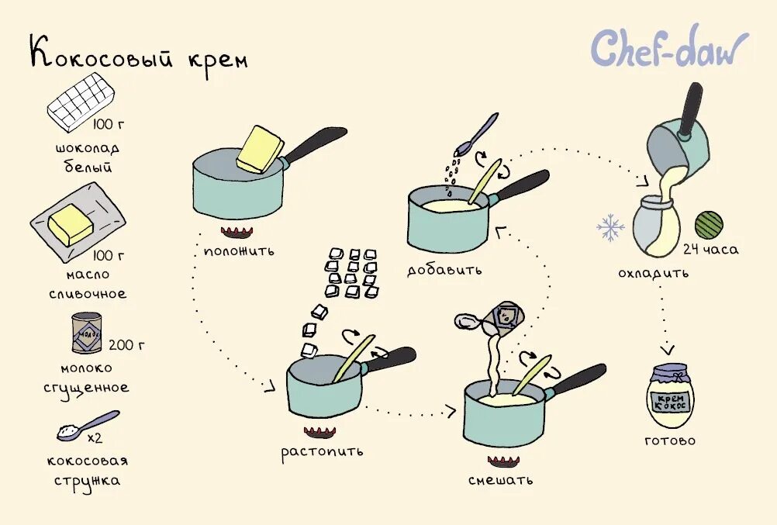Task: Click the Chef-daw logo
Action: tap(669, 48)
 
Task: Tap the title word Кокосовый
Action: tap(105, 56)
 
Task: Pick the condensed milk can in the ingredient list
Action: tap(87, 333)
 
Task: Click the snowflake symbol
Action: tap(610, 227)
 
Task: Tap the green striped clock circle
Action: tap(708, 225)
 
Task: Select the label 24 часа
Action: tap(710, 250)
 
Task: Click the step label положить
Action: tap(239, 251)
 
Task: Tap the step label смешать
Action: tap(500, 480)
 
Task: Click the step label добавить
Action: tap(444, 271)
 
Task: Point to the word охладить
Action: tap(653, 274)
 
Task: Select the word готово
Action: tap(670, 441)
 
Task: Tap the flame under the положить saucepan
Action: tap(237, 232)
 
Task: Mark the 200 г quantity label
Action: tap(126, 344)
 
